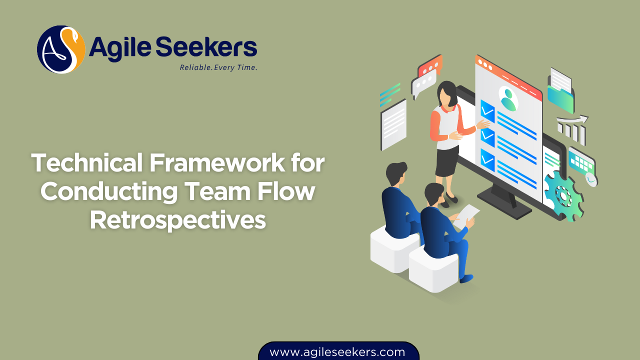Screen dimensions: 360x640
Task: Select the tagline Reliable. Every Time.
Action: pyautogui.click(x=218, y=67)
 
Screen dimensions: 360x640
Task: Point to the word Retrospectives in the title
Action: pyautogui.click(x=177, y=220)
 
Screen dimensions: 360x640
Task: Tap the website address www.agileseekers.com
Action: pyautogui.click(x=337, y=351)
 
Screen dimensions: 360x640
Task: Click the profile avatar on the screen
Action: pyautogui.click(x=508, y=98)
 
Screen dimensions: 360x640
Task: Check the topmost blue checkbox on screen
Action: pyautogui.click(x=487, y=110)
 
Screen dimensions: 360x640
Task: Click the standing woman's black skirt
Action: pyautogui.click(x=446, y=161)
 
